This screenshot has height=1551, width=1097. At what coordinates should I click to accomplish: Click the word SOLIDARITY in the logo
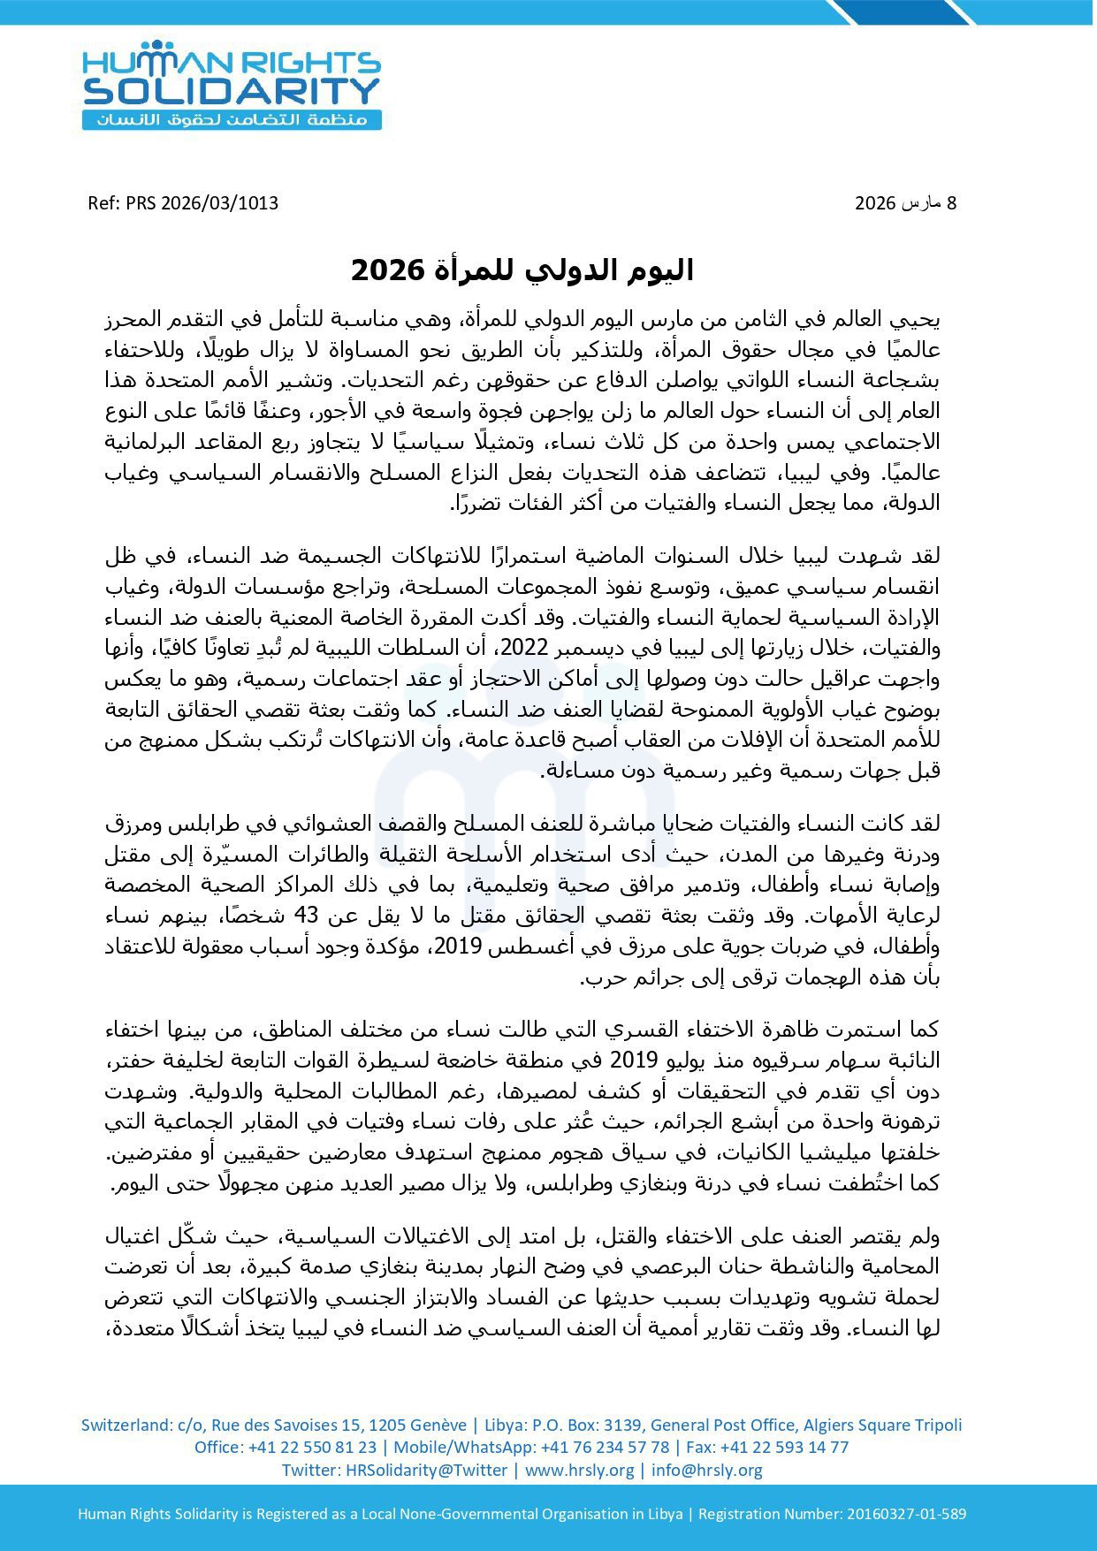(x=232, y=91)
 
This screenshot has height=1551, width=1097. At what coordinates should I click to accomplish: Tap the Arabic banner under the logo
(x=232, y=119)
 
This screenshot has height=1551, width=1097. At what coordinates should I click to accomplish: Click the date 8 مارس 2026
(x=905, y=203)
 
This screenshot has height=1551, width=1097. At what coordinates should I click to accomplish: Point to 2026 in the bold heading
(x=383, y=270)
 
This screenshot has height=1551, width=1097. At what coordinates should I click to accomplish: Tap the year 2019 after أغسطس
(x=457, y=947)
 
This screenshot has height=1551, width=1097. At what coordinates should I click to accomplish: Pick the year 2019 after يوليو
(x=628, y=1060)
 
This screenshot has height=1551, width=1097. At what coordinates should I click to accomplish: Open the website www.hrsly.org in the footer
(x=579, y=1470)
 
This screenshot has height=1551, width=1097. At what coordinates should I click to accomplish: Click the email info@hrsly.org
(x=706, y=1470)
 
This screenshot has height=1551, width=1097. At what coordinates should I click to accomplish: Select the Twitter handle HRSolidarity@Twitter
(x=426, y=1470)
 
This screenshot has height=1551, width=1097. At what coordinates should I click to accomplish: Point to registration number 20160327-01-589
(x=906, y=1514)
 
